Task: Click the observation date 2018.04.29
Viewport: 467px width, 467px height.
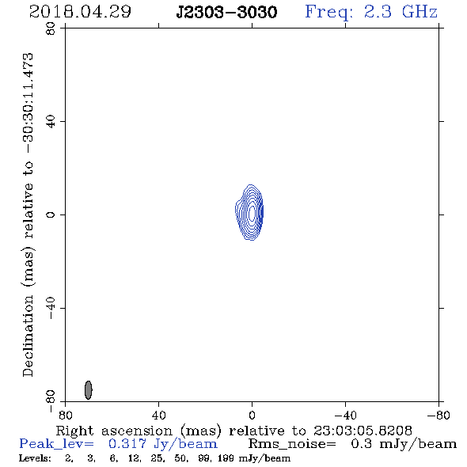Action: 80,12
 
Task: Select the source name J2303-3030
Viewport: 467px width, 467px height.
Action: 226,12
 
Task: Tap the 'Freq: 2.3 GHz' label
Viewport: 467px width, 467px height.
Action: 371,12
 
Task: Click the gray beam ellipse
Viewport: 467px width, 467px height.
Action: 89,390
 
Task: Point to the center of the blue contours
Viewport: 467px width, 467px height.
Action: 252,212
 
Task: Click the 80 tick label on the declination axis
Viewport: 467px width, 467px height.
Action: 51,28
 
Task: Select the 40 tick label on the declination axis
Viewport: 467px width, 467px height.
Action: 51,122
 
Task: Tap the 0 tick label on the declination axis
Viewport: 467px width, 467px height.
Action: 51,215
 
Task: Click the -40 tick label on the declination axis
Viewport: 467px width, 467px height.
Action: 51,308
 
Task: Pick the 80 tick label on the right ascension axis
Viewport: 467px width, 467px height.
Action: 65,416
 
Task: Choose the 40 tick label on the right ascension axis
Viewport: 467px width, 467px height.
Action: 158,416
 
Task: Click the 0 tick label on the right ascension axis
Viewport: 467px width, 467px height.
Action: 252,416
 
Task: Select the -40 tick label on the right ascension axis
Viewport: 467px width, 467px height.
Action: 345,416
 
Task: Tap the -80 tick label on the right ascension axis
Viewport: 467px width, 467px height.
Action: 439,416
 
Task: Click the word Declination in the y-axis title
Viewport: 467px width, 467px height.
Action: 28,336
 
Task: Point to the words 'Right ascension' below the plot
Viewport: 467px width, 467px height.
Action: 114,431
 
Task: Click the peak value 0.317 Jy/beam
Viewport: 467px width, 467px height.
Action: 162,444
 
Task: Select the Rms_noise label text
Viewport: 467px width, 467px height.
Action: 292,444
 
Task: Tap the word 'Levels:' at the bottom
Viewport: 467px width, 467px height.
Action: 35,458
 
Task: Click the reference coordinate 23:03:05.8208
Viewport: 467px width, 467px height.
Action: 363,431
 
